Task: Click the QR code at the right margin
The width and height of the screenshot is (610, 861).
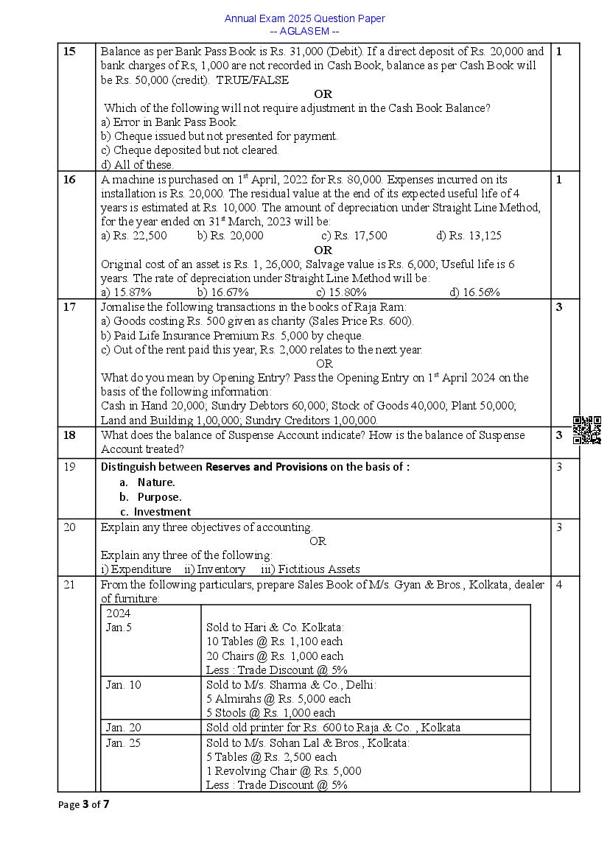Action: click(x=587, y=430)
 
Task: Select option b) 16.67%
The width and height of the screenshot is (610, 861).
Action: click(x=222, y=292)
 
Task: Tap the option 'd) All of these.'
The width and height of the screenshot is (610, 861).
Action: click(x=137, y=165)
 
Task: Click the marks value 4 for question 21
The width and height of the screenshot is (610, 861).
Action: click(x=559, y=585)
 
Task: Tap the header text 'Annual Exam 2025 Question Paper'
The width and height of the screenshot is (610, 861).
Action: click(x=304, y=18)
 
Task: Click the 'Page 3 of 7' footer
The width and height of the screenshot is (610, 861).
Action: click(x=83, y=804)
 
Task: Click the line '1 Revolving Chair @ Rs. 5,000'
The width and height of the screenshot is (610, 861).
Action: click(x=284, y=771)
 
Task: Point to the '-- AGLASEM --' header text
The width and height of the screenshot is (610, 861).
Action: click(x=304, y=31)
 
